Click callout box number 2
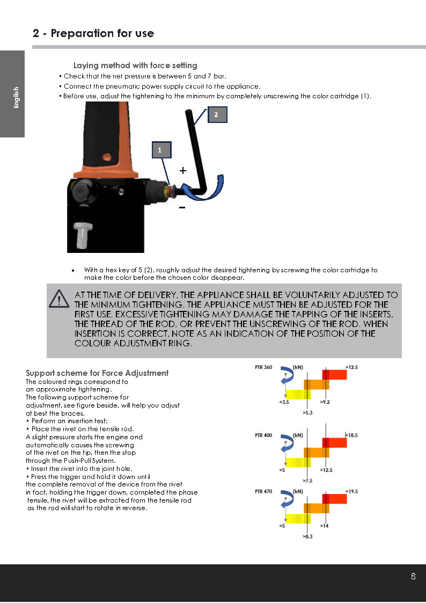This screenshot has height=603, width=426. [x=217, y=114]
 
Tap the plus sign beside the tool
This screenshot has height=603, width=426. [x=183, y=171]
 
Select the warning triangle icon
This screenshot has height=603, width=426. [x=59, y=299]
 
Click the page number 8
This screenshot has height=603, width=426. [x=413, y=577]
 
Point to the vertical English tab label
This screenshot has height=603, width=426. [x=16, y=98]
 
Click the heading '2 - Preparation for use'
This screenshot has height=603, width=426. [x=93, y=33]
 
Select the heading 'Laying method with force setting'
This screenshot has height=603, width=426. [x=135, y=66]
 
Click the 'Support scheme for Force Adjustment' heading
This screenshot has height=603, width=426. [x=97, y=373]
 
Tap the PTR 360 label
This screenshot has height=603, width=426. [x=263, y=367]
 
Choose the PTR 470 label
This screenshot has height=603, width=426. [x=263, y=491]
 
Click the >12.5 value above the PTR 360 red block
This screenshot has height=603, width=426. [x=351, y=367]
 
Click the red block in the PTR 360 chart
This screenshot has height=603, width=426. [x=334, y=374]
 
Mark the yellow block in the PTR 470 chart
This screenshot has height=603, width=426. [x=298, y=518]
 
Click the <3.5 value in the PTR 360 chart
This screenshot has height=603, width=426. [x=285, y=401]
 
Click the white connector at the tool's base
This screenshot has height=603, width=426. [x=82, y=235]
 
